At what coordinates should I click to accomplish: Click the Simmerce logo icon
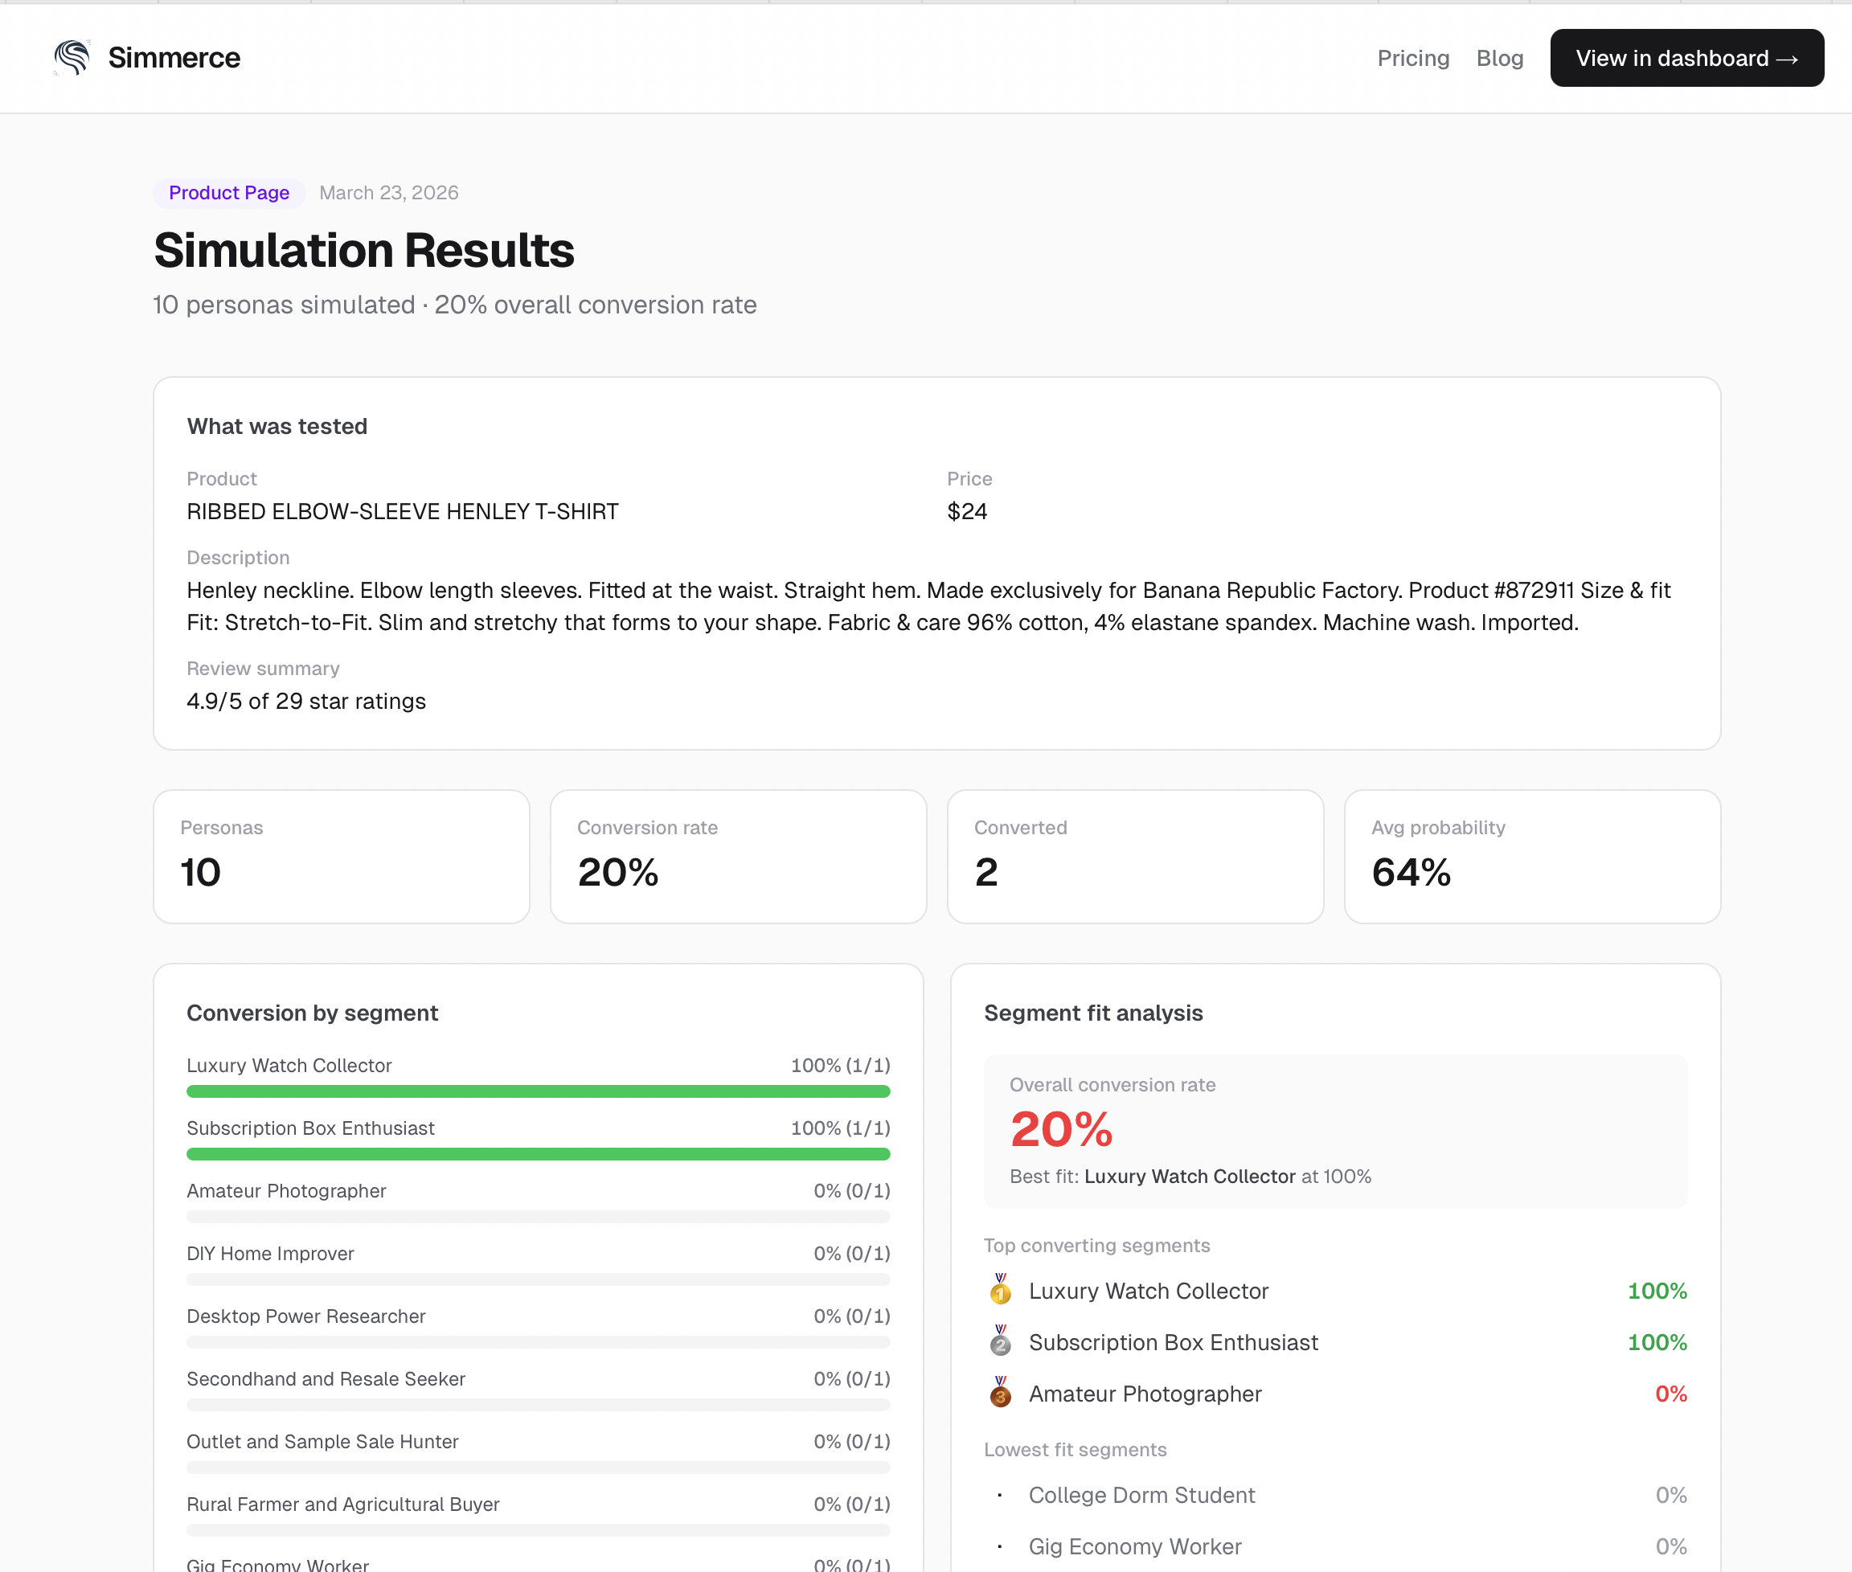(x=72, y=58)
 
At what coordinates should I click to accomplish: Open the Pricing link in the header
(x=1412, y=58)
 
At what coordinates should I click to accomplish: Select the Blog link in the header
(x=1499, y=58)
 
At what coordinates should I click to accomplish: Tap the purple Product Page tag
(x=229, y=193)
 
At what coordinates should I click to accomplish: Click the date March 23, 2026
(x=388, y=193)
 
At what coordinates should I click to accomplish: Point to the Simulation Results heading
(x=363, y=251)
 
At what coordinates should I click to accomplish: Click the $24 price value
(x=966, y=511)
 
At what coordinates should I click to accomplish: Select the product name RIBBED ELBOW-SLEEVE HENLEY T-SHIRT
(x=402, y=511)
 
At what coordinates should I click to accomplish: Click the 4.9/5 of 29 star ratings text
(x=305, y=702)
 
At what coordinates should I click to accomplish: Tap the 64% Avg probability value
(x=1411, y=871)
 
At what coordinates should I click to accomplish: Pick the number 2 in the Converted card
(x=985, y=871)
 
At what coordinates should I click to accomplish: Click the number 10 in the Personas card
(x=200, y=871)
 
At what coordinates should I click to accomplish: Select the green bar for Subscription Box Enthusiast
(x=538, y=1154)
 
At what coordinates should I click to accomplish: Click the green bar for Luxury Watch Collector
(x=538, y=1091)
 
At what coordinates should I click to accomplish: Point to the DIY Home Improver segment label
(x=270, y=1253)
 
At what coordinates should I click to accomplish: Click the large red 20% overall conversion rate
(x=1060, y=1129)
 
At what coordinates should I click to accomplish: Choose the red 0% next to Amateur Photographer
(x=1670, y=1394)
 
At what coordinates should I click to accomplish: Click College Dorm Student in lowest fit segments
(x=1141, y=1495)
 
